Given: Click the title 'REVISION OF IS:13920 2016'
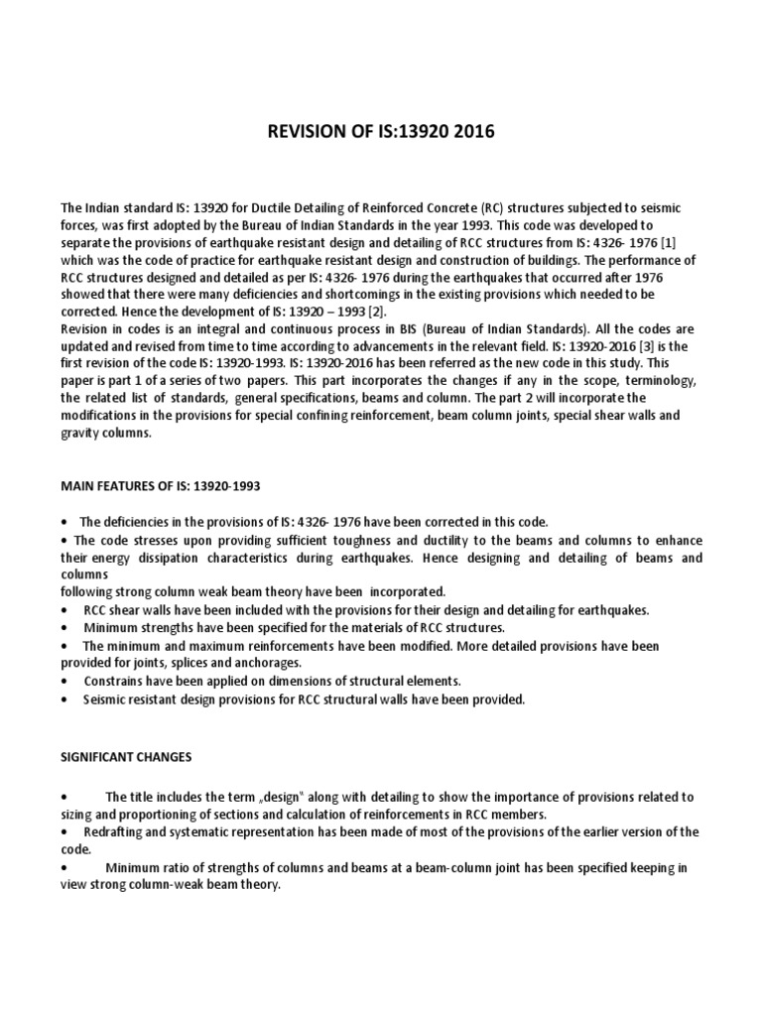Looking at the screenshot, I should coord(381,131).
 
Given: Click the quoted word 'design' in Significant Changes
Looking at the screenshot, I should coord(275,796).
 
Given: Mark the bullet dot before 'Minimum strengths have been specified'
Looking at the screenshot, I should coord(64,628).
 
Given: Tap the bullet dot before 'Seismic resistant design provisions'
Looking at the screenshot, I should coord(64,698).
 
